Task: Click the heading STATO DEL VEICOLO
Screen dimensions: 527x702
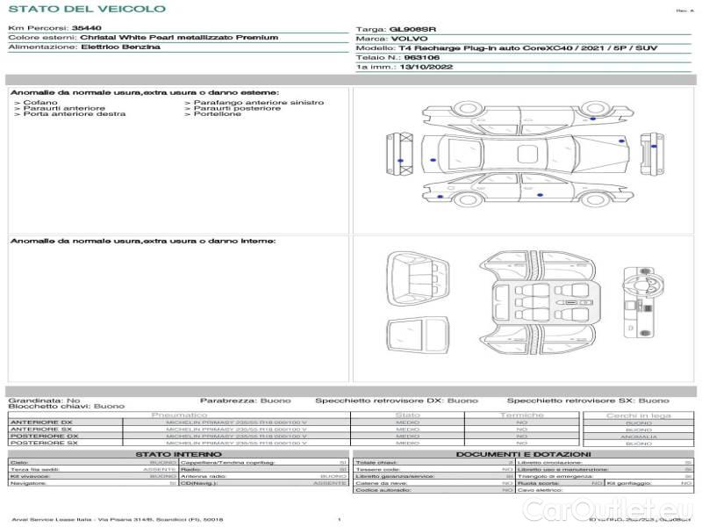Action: click(86, 10)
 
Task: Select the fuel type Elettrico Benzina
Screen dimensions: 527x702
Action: click(120, 47)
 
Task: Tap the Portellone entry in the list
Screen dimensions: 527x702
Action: click(218, 114)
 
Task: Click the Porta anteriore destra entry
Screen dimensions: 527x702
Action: click(74, 114)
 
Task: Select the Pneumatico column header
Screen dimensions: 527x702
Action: click(180, 415)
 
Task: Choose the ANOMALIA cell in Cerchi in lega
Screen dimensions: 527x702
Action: click(638, 437)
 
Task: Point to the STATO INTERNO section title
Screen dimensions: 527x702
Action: click(179, 454)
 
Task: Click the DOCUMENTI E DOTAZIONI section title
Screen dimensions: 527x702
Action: click(519, 454)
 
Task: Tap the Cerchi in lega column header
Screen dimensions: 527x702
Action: click(638, 415)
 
